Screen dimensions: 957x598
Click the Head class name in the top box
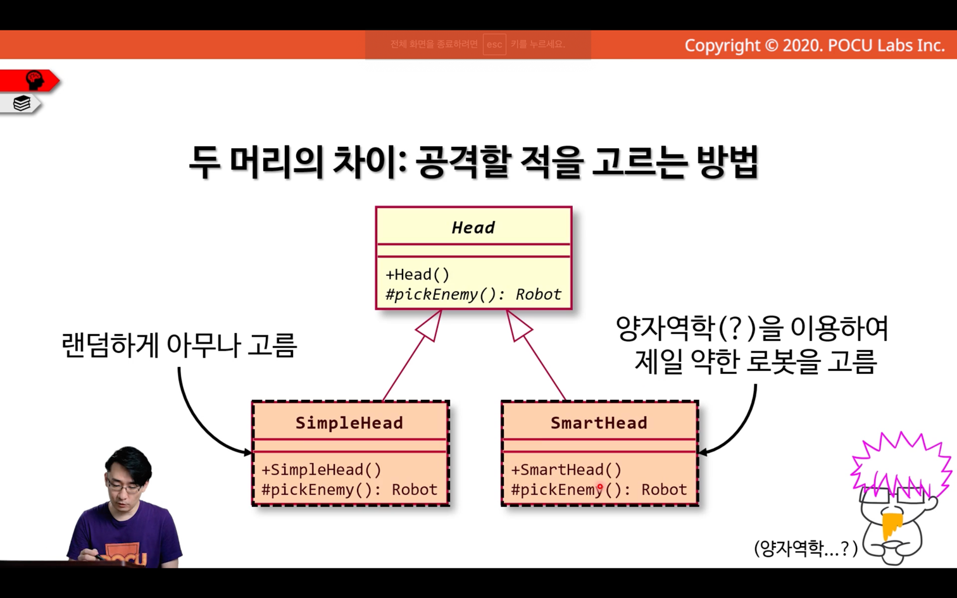473,228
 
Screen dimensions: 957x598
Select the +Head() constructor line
417,274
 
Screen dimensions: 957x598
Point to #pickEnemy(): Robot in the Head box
473,294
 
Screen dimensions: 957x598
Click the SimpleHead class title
349,423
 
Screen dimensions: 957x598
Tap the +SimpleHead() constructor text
322,470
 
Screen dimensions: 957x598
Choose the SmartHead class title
599,423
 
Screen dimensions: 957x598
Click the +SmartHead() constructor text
566,470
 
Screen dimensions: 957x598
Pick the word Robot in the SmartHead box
665,490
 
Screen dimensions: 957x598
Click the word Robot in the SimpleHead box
415,490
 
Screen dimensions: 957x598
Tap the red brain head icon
35,80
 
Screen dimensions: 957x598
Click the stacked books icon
22,103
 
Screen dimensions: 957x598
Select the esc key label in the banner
494,44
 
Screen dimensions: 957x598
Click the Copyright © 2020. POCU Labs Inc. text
815,46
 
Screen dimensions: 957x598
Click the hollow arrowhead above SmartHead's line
518,325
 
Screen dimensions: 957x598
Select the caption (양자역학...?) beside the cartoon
806,548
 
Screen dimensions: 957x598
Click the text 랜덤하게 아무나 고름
180,345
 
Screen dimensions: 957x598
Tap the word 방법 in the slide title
728,161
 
